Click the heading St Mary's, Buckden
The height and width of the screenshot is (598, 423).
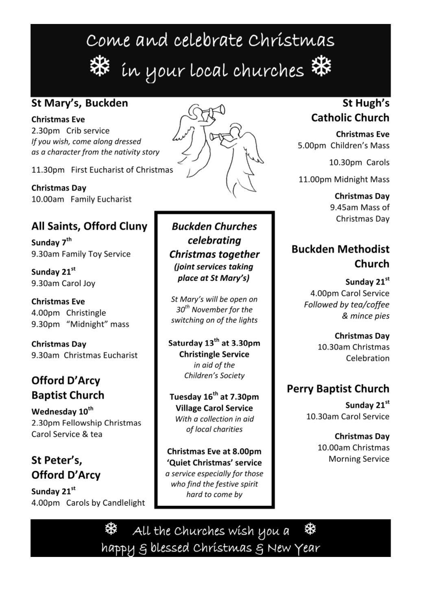80,103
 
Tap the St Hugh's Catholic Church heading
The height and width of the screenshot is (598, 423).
350,110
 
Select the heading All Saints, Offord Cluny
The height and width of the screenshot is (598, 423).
89,226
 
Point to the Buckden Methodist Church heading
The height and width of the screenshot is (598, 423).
340,256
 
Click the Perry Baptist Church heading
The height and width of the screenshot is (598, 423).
338,389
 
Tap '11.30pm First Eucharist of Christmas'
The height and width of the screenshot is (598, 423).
102,170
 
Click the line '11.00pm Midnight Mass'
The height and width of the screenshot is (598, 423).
344,179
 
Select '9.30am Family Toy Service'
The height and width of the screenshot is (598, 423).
81,254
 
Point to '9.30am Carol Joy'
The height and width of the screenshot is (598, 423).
63,283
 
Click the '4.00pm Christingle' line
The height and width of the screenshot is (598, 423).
68,313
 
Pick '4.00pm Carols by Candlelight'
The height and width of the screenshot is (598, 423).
88,502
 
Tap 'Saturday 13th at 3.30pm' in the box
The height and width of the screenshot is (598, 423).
214,343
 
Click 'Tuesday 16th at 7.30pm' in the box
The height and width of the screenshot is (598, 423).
214,396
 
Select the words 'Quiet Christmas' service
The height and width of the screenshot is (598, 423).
214,462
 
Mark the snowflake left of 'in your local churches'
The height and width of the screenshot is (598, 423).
100,66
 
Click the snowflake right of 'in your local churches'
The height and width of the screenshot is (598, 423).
321,65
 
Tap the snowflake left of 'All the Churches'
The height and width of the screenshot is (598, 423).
111,528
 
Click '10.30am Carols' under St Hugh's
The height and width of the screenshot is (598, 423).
359,162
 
